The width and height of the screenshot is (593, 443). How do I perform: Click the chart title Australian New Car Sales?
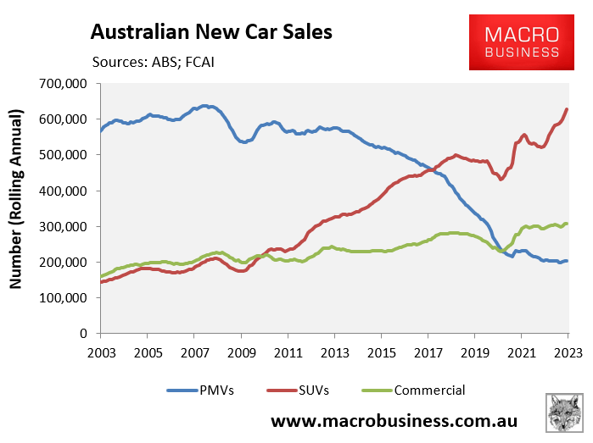211,32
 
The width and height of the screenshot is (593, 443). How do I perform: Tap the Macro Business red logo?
522,43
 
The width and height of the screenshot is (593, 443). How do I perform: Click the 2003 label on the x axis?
101,351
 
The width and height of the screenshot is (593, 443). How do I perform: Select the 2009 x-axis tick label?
244,351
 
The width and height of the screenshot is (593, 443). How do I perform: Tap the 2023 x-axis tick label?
567,351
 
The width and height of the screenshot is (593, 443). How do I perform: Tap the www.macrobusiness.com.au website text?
394,421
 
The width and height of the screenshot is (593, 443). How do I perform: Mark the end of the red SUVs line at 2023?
567,109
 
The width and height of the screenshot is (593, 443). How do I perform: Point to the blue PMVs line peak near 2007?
204,106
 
